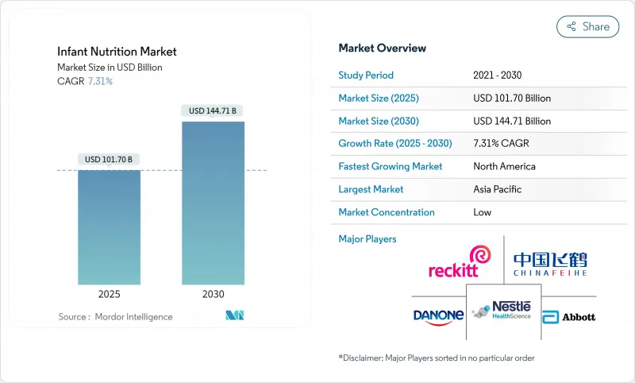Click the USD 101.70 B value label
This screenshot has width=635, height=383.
coord(110,160)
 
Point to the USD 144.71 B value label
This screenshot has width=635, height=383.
coord(213,110)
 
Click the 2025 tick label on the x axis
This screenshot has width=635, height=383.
coord(110,294)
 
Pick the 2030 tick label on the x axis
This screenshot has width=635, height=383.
coord(213,294)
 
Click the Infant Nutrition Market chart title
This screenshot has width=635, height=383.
coord(117,52)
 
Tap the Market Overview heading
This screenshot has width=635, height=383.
coord(382,48)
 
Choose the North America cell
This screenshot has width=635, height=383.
coord(504,167)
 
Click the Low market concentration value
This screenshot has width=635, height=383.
coord(482,212)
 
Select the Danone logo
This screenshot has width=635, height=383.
coord(438,315)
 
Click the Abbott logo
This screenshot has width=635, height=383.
coord(568,316)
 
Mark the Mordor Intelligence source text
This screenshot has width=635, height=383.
coord(115,317)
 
